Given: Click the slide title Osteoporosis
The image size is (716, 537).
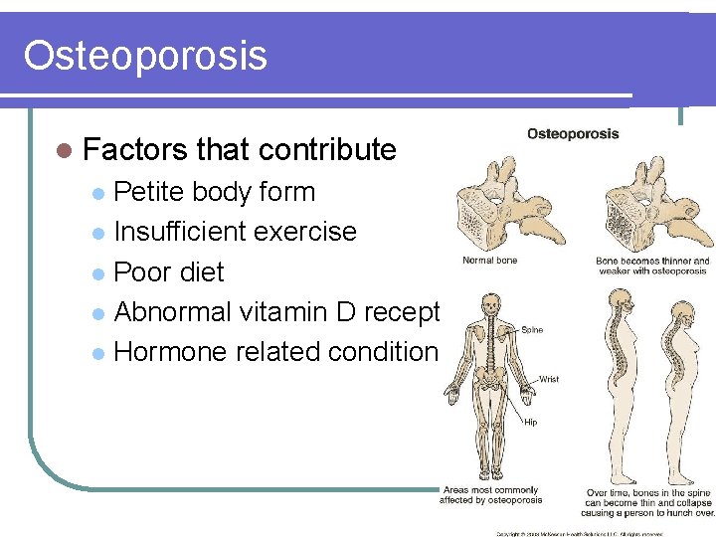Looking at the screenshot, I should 145,56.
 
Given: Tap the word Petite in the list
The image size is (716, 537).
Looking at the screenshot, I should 148,192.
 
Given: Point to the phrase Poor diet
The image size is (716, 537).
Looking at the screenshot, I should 169,271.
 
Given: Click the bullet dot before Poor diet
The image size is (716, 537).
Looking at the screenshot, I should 96,273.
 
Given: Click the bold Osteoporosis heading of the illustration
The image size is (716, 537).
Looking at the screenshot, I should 572,133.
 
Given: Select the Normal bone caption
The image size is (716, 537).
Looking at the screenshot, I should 489,261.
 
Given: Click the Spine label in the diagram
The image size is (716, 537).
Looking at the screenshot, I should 532,330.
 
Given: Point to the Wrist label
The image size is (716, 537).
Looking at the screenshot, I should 549,379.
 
